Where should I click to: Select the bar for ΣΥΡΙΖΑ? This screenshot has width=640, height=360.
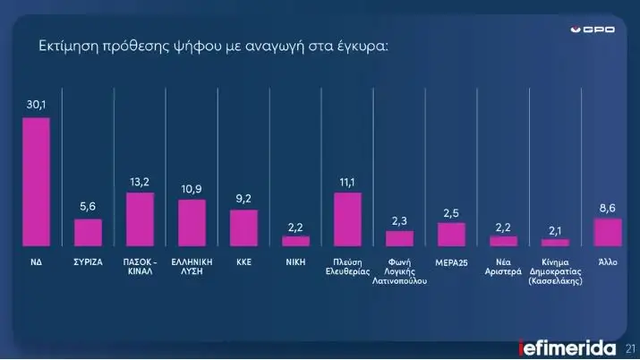88,232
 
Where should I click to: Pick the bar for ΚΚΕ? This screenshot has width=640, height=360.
243,227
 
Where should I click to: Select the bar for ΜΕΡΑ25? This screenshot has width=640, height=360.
451,234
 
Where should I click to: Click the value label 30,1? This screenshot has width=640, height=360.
36,107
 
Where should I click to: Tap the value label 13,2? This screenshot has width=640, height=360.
140,182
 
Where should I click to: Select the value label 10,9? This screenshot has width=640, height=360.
192,189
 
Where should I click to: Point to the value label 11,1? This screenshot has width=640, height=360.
347,182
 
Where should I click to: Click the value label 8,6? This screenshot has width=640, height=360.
608,208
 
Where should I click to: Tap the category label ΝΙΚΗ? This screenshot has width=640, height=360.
295,261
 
